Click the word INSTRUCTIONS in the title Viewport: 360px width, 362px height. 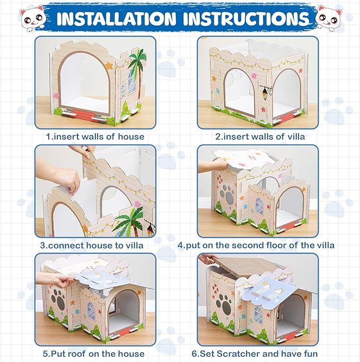tap(244, 18)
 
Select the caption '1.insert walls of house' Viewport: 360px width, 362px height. tap(95, 136)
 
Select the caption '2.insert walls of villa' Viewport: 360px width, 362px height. tap(260, 136)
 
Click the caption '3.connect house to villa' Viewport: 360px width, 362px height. tap(95, 246)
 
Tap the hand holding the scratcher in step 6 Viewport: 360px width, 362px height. tap(208, 260)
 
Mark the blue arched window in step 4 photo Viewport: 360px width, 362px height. tap(259, 205)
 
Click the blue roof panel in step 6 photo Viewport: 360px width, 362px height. tap(276, 289)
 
